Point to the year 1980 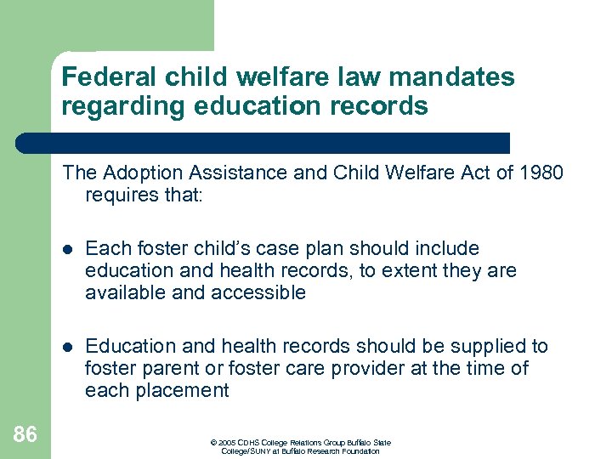click(541, 173)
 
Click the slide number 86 click(25, 435)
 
